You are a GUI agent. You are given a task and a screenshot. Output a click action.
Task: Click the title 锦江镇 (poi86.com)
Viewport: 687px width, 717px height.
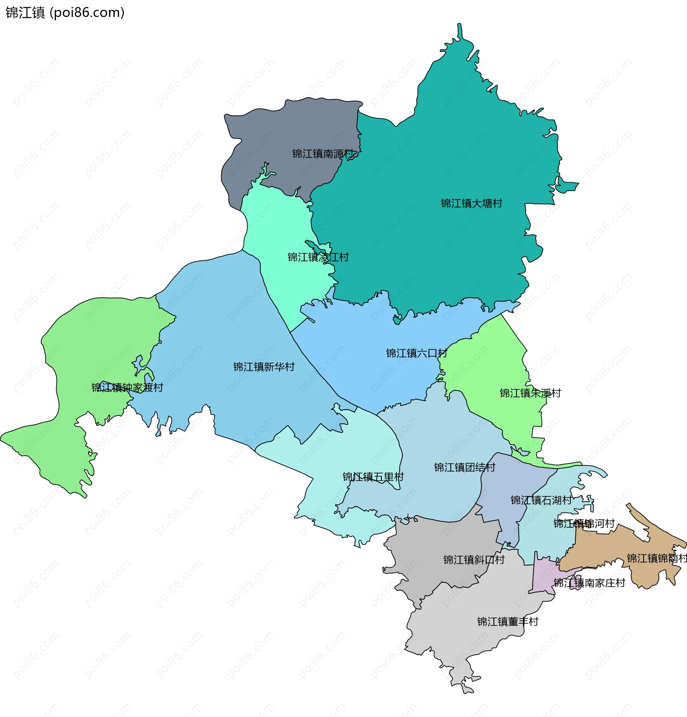[65, 13]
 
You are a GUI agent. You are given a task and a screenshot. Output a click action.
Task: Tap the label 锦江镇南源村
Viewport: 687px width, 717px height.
[323, 154]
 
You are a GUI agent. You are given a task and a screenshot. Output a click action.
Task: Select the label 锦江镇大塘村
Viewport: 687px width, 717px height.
[471, 203]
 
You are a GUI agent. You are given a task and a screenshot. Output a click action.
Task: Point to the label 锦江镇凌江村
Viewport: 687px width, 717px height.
[318, 257]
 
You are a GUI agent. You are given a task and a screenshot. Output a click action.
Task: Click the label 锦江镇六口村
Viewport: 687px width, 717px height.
[416, 353]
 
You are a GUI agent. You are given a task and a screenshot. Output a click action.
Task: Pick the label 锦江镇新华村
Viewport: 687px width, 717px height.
[264, 367]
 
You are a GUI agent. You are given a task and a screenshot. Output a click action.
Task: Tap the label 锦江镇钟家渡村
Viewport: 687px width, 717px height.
[127, 387]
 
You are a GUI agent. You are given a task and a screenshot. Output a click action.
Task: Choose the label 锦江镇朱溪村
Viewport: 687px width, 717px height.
[530, 393]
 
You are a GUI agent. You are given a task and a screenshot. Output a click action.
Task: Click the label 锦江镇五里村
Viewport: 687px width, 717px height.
[373, 477]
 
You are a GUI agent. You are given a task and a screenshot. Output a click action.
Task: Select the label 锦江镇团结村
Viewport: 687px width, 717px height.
[464, 467]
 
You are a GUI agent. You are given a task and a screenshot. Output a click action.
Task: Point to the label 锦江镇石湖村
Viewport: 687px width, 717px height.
[541, 500]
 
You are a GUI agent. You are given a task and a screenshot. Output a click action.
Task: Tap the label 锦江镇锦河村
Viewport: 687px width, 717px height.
[584, 523]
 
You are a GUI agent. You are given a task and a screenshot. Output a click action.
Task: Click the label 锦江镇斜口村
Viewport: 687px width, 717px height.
[474, 560]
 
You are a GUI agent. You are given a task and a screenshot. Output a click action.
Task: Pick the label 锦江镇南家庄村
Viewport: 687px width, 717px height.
[589, 583]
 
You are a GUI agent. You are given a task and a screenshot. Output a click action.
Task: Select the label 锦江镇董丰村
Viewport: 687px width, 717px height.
[507, 621]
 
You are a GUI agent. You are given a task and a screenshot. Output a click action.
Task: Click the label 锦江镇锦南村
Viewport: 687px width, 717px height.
[657, 558]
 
